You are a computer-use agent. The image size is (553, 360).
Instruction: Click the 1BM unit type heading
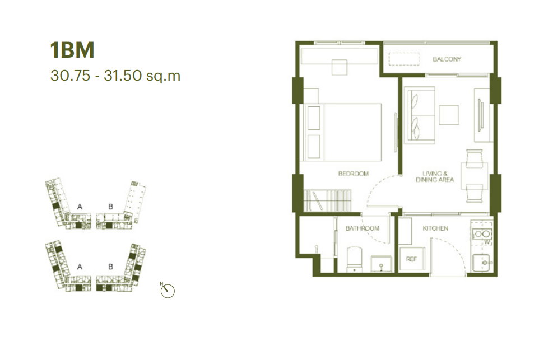point(72,50)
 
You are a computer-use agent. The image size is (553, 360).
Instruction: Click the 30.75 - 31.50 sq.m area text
point(115,76)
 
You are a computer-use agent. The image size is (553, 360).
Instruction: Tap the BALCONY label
point(447,59)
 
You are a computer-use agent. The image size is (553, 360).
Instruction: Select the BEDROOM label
point(354,174)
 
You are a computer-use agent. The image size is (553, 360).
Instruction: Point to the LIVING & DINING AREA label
point(435,176)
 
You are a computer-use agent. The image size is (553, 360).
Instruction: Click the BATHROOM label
point(362,228)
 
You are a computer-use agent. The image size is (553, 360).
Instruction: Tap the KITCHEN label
point(435,228)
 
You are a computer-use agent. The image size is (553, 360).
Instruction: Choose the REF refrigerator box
point(412,259)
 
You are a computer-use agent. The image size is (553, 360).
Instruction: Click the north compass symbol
point(168,291)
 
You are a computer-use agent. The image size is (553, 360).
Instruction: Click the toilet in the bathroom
point(355,259)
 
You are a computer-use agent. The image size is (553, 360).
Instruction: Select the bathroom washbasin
point(381,264)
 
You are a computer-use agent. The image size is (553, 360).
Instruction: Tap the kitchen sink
point(482,263)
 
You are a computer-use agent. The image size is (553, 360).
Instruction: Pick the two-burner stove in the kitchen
point(482,233)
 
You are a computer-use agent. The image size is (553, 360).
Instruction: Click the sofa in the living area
point(419,115)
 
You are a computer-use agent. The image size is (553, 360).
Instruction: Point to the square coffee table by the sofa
point(449,115)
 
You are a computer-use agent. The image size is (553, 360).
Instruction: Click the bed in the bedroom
point(342,132)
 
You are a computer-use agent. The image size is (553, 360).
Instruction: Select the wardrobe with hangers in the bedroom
point(327,200)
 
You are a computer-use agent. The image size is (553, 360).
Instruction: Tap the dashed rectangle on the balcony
point(404,59)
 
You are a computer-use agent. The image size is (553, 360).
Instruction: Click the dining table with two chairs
point(475,176)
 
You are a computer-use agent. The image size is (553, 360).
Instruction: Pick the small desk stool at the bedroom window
point(340,67)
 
